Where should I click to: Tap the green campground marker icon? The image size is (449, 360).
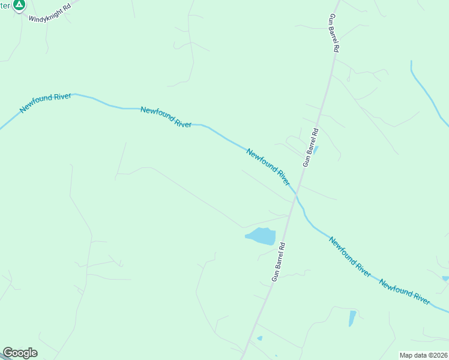[19, 5]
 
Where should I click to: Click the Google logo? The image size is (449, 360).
[20, 353]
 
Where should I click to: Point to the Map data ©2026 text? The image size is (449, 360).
[423, 355]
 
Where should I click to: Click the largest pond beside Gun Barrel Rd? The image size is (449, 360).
[262, 236]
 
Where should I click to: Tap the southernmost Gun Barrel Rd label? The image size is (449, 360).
[280, 262]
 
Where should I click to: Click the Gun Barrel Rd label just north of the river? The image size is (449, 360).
[310, 146]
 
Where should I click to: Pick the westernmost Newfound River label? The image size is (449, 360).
[46, 103]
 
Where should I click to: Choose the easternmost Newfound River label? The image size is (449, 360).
[405, 292]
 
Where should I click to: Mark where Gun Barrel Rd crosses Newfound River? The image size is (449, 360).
[295, 194]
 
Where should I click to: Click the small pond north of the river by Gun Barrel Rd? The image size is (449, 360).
[315, 149]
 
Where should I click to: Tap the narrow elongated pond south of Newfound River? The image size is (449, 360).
[352, 317]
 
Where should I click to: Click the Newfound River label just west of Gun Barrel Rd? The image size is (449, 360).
[268, 166]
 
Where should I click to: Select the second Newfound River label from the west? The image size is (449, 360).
[166, 117]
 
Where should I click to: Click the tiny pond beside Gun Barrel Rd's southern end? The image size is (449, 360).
[259, 338]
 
